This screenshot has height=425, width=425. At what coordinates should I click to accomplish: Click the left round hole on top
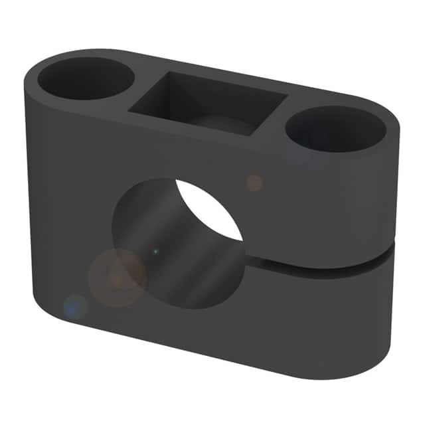86,78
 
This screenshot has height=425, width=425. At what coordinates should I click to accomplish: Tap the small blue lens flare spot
75,307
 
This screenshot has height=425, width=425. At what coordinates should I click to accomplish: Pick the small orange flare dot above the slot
254,183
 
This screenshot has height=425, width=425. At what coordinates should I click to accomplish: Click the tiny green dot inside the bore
155,252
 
